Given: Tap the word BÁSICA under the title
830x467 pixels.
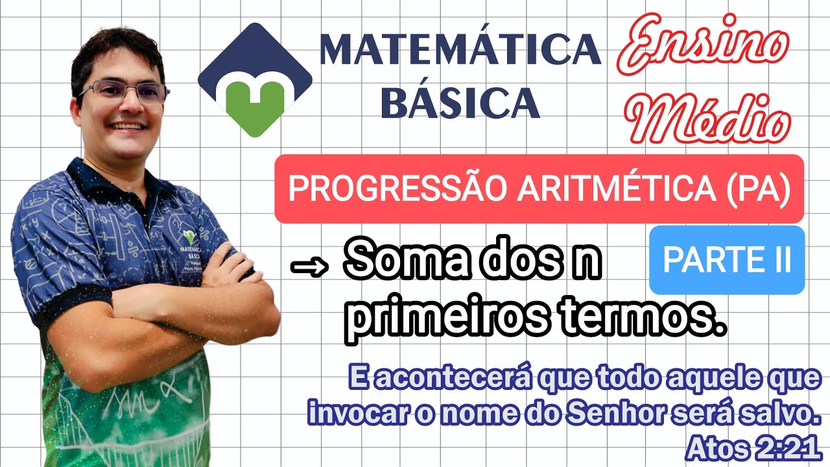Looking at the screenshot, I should (x=460, y=102).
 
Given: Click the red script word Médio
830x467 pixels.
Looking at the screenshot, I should (x=711, y=120).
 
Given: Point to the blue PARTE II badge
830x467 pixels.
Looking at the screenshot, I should (x=726, y=259).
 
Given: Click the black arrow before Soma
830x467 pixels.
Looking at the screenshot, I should (x=310, y=267).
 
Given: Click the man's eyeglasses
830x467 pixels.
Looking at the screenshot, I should (x=123, y=91).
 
